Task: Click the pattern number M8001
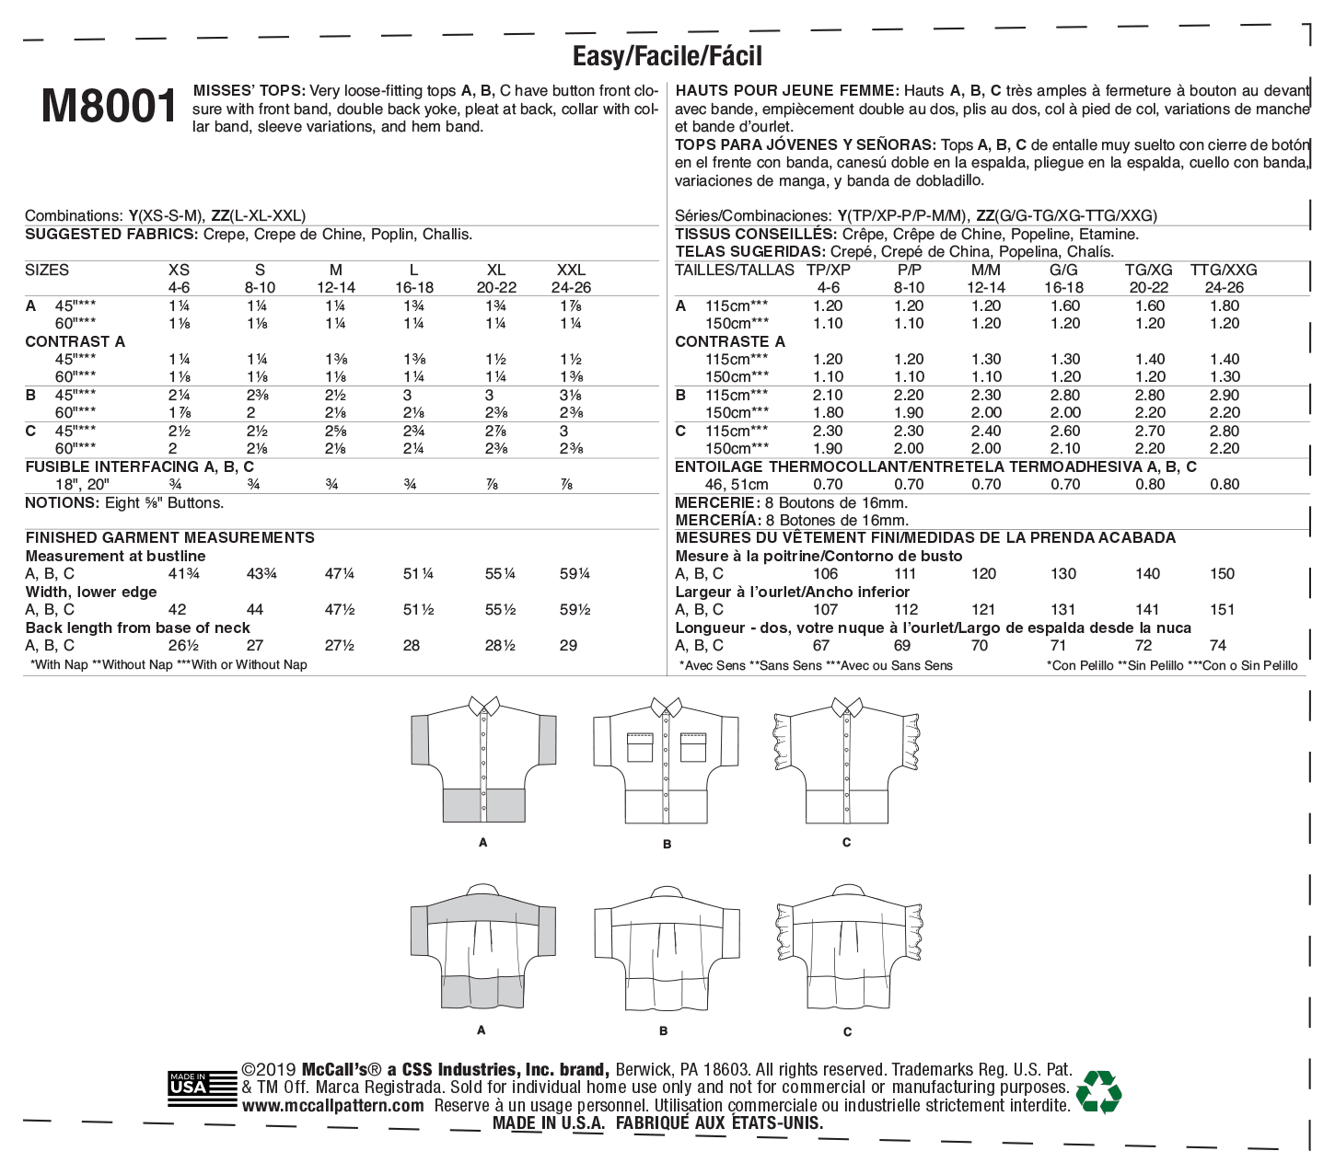pyautogui.click(x=109, y=108)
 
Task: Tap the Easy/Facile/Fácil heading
pyautogui.click(x=667, y=57)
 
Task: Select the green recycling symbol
pyautogui.click(x=1098, y=1091)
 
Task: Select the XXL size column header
pyautogui.click(x=572, y=270)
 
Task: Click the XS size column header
pyautogui.click(x=179, y=270)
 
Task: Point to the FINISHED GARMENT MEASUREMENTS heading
pyautogui.click(x=169, y=537)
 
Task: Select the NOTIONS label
pyautogui.click(x=61, y=502)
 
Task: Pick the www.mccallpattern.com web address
pyautogui.click(x=333, y=1106)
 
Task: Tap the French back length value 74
pyautogui.click(x=1222, y=645)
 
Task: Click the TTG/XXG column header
pyautogui.click(x=1223, y=270)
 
